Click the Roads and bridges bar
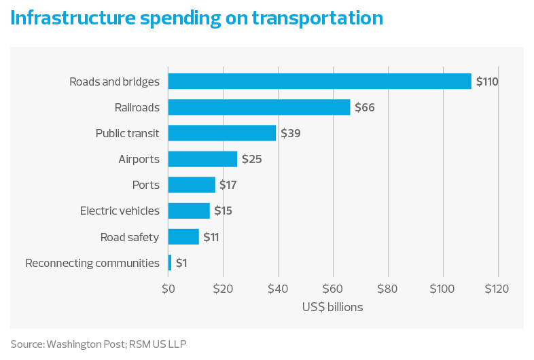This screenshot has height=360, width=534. pos(319,82)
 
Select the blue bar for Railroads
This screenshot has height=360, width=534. pos(259,107)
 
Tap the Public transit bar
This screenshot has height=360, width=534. pos(222,133)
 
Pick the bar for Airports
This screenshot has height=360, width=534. pos(202,159)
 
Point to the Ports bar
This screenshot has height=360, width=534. pos(192,185)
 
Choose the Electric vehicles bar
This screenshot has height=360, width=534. pos(189,211)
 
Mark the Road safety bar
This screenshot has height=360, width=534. pos(183,236)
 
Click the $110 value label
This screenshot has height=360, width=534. pos(487,82)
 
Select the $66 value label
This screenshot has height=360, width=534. pos(364,107)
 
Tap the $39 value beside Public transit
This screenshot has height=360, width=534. pos(291,133)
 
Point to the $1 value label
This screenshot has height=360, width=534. pos(181,263)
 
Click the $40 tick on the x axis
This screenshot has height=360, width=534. pos(278,289)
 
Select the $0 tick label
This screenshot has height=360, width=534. pos(168,289)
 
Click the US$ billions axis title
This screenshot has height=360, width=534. pos(332,307)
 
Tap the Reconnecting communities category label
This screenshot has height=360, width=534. pos(92,263)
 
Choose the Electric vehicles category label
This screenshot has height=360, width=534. pos(120,211)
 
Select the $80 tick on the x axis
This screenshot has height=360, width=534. pos(388,289)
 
